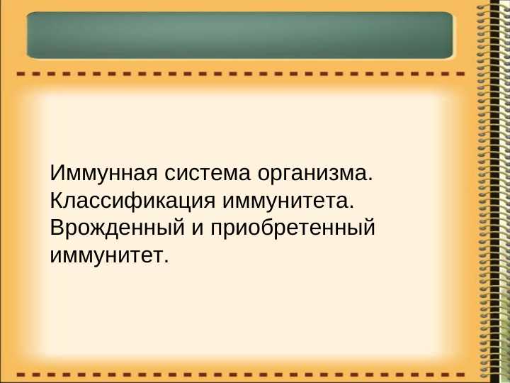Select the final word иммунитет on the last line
[x=106, y=255]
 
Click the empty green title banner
[x=239, y=35]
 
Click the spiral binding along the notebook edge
[x=487, y=191]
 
